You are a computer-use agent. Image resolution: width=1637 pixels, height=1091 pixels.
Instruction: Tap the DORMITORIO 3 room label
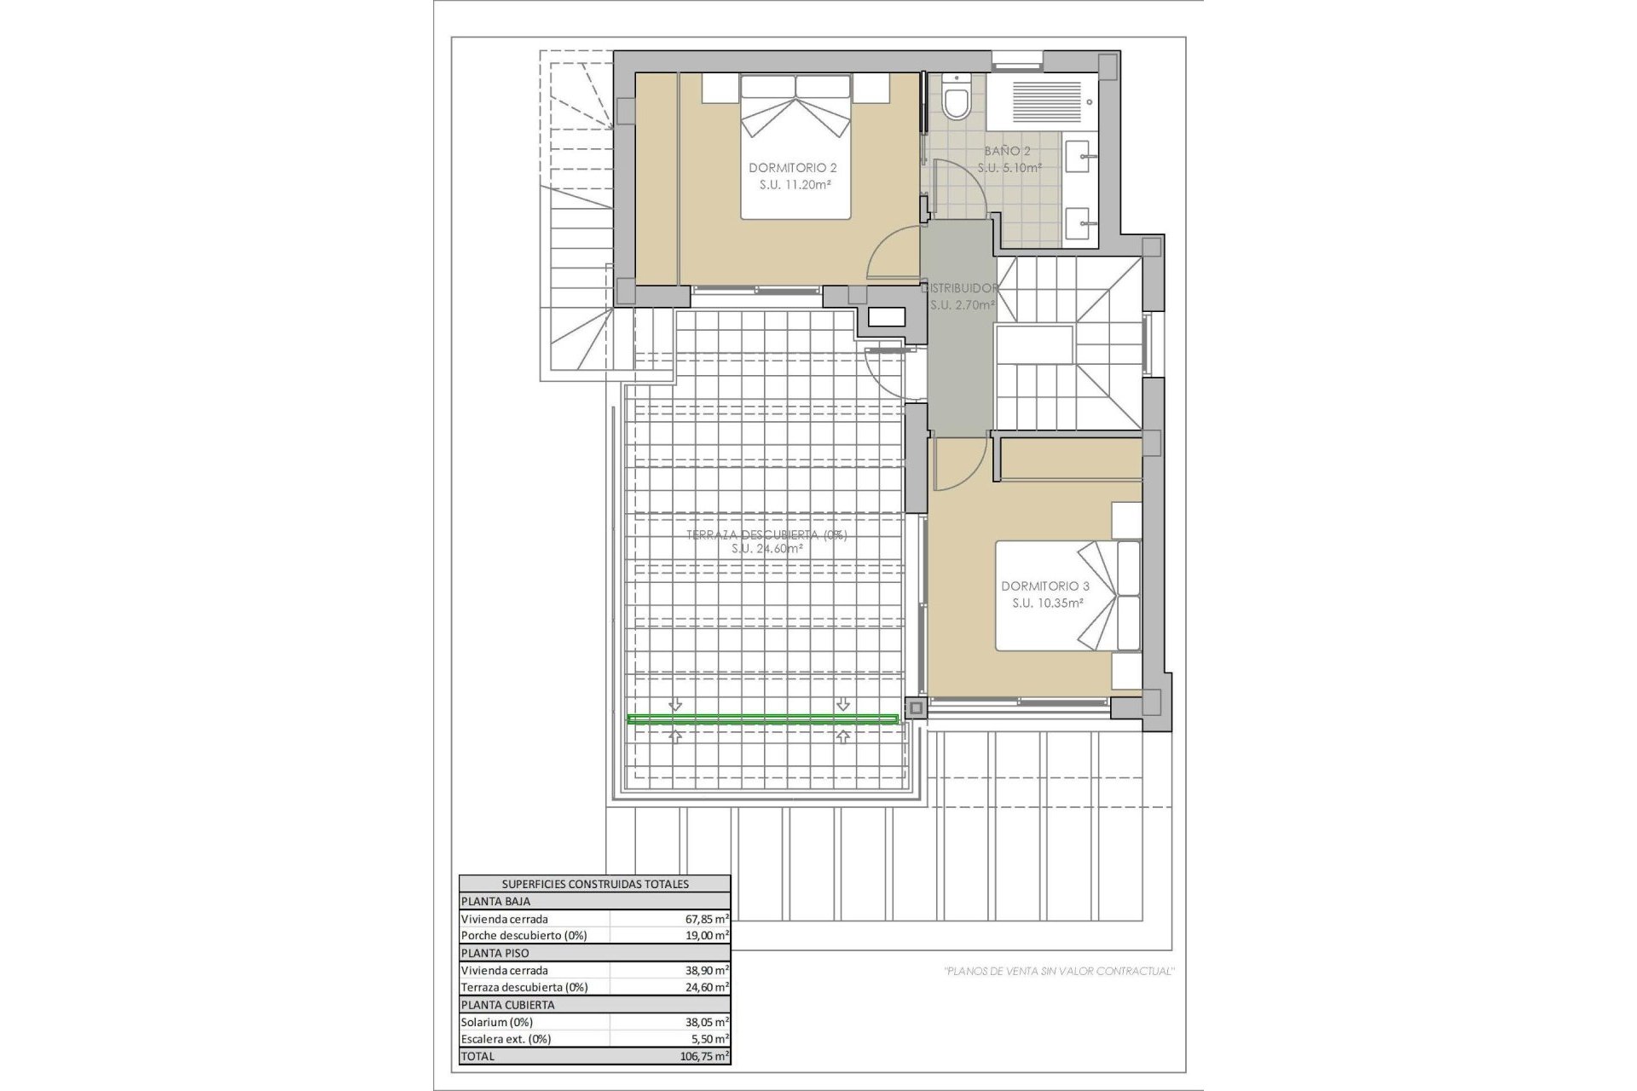[x=1044, y=586]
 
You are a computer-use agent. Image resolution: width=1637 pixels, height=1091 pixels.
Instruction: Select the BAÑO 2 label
[x=1008, y=151]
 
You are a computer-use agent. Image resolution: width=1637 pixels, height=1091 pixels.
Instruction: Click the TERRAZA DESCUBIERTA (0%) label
[x=766, y=534]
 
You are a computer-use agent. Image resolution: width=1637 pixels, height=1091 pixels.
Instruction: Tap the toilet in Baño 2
[x=957, y=101]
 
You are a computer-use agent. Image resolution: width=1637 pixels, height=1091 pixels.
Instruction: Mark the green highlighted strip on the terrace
[x=762, y=720]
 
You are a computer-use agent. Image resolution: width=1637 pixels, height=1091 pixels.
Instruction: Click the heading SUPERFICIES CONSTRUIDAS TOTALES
[x=595, y=884]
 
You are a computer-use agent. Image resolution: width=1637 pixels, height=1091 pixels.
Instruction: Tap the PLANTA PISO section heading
[x=495, y=953]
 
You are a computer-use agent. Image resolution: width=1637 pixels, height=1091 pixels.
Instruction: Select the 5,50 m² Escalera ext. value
[x=710, y=1039]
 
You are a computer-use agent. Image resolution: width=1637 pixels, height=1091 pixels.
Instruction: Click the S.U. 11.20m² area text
[x=795, y=184]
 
